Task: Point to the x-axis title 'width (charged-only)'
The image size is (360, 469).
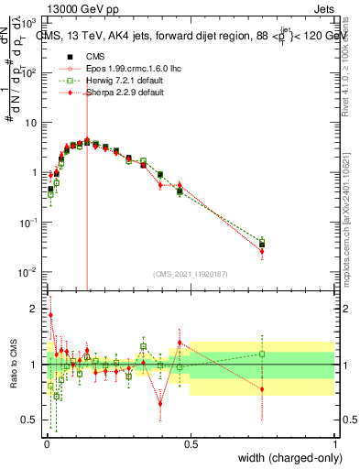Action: click(x=288, y=459)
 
